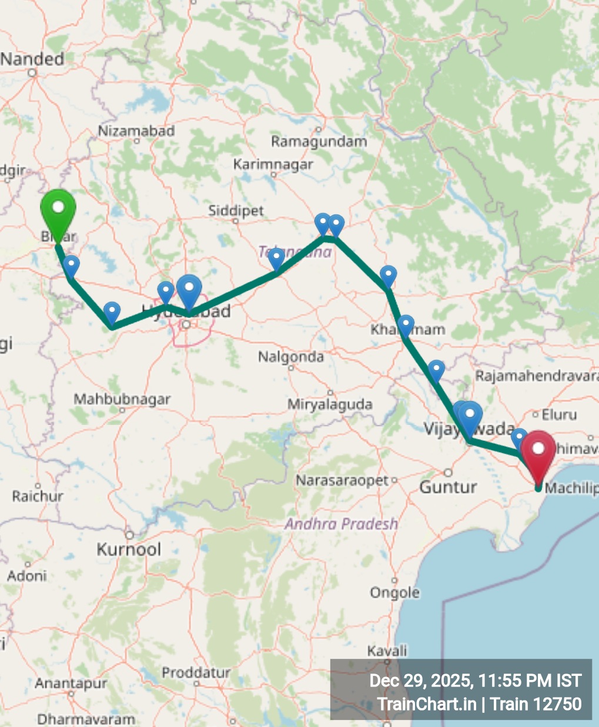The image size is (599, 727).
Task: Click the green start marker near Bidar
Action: [58, 210]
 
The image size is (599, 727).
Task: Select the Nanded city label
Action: [33, 59]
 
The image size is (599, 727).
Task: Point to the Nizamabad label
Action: [136, 130]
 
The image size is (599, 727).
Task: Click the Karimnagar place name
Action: [273, 165]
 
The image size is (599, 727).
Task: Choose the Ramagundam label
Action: [319, 142]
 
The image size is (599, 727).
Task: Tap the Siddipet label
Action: [236, 210]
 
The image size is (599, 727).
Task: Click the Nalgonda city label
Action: [291, 357]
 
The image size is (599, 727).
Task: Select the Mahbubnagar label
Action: [122, 399]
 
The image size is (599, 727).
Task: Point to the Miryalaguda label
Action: [330, 404]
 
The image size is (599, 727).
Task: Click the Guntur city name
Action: [448, 487]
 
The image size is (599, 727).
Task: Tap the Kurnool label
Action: [129, 550]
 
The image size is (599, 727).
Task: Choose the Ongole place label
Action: [394, 592]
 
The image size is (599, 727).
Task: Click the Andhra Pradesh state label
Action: [342, 524]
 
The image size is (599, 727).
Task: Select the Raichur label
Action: [38, 496]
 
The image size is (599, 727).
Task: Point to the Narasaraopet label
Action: [342, 481]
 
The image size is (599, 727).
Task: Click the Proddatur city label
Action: [196, 672]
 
